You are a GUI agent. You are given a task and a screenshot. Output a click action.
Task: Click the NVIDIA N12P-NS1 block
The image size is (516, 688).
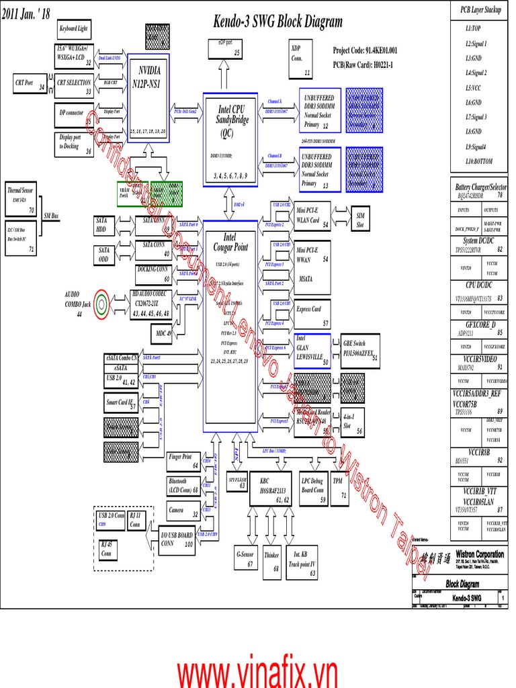(148, 97)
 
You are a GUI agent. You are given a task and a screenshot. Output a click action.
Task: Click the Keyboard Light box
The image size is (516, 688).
(73, 30)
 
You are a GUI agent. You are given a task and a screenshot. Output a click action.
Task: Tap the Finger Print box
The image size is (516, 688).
(183, 461)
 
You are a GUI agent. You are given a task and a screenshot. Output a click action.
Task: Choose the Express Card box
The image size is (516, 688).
(312, 314)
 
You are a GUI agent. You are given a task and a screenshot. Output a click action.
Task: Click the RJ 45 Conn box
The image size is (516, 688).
(107, 550)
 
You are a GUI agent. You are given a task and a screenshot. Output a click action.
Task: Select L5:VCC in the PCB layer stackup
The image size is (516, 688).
(474, 87)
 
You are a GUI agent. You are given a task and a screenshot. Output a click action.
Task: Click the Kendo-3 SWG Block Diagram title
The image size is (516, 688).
(277, 21)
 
